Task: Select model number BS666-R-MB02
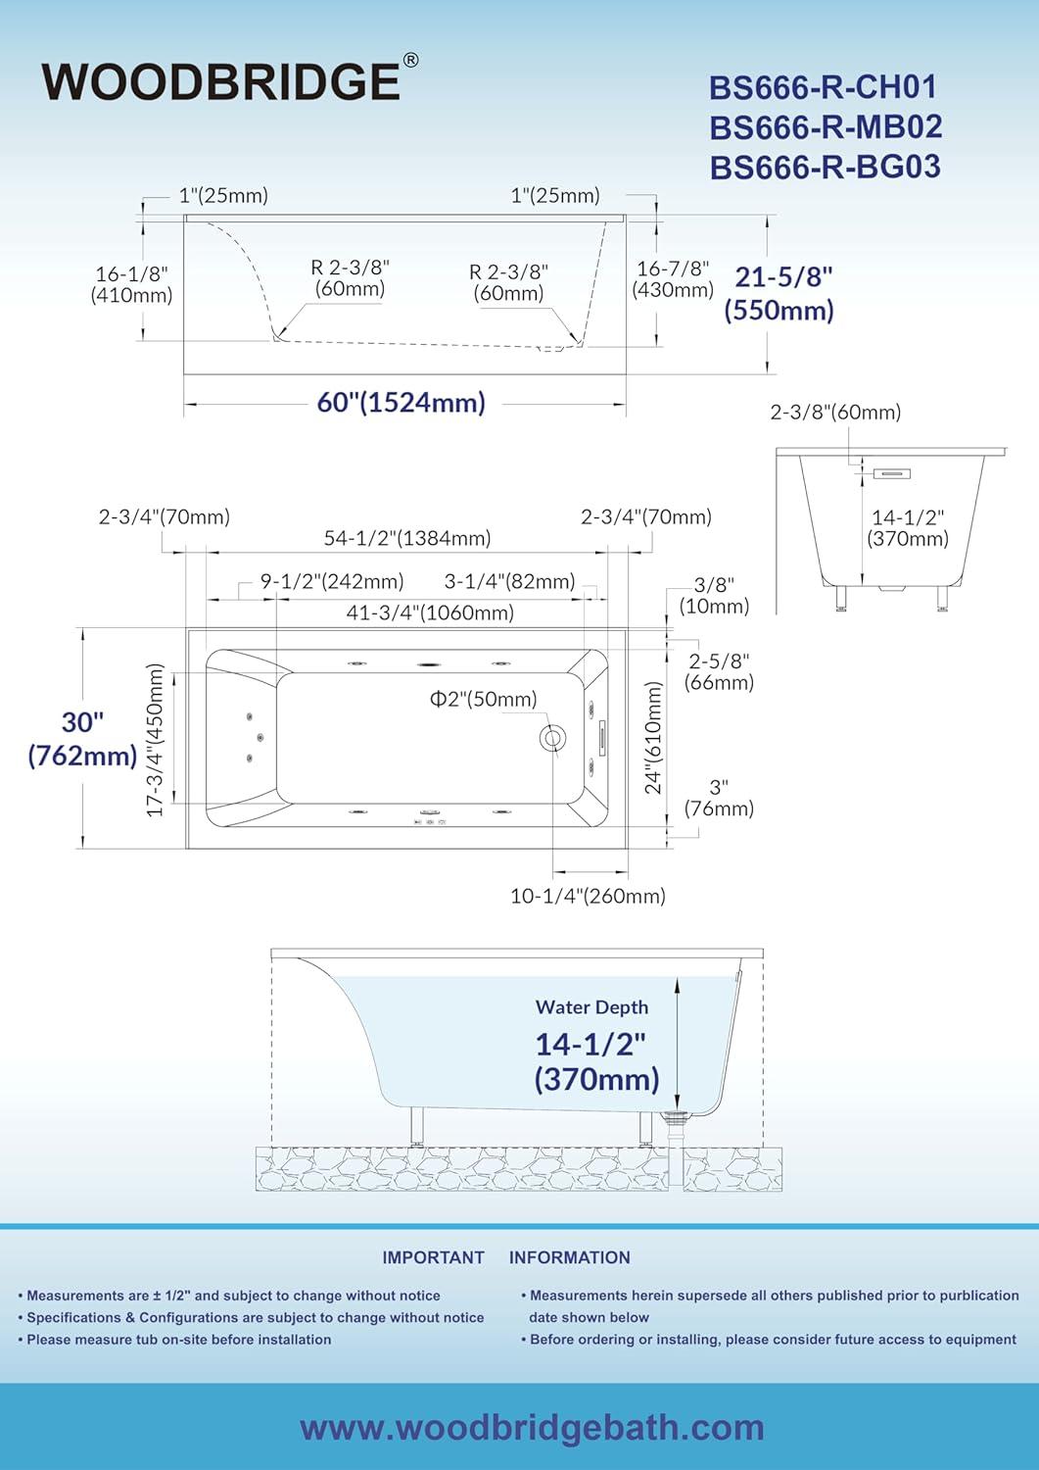pos(826,126)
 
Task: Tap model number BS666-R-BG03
pos(826,167)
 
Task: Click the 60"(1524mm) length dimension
pos(401,402)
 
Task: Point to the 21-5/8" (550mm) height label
pos(779,293)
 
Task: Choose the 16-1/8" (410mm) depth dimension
pos(132,284)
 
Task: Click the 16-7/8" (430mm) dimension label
pos(673,279)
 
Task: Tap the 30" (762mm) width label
pos(82,738)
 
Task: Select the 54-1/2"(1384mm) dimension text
pos(407,538)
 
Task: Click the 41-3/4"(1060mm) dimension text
pos(430,612)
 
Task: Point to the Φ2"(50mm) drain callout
pos(484,699)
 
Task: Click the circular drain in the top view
pos(551,738)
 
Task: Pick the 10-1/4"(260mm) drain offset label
pos(588,896)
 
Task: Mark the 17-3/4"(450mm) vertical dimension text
pos(155,740)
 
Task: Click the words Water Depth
pos(591,1007)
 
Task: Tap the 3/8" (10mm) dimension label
pos(714,595)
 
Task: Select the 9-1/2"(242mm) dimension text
pos(332,581)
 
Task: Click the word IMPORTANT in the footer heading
pos(434,1257)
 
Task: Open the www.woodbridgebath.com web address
pos(532,1428)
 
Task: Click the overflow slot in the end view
pos(892,473)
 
